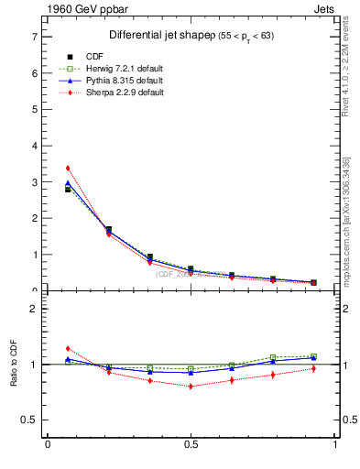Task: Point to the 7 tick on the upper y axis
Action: click(34, 37)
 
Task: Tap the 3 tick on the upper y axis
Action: click(34, 182)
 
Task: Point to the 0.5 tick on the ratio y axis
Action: click(30, 420)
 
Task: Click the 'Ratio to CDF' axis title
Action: click(14, 364)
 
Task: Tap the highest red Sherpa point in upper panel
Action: click(68, 168)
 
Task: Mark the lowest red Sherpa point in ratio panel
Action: click(191, 386)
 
